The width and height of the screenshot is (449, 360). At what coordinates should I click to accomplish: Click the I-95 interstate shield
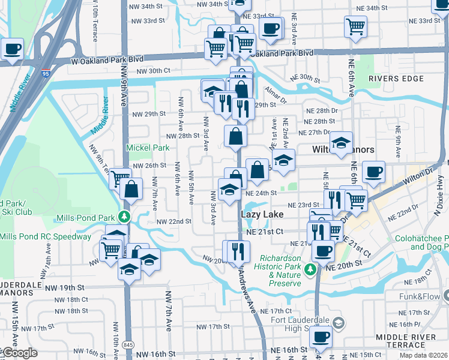click(46, 74)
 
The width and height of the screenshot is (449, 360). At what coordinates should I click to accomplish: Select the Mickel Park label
click(139, 147)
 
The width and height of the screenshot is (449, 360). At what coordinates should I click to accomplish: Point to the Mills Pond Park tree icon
click(124, 216)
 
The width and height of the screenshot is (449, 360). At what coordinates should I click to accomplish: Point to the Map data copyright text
click(424, 355)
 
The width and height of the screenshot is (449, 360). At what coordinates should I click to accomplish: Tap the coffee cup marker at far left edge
click(11, 49)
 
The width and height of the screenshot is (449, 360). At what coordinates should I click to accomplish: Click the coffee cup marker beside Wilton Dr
click(373, 171)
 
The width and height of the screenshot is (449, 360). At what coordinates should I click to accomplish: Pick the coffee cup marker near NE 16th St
click(321, 338)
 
